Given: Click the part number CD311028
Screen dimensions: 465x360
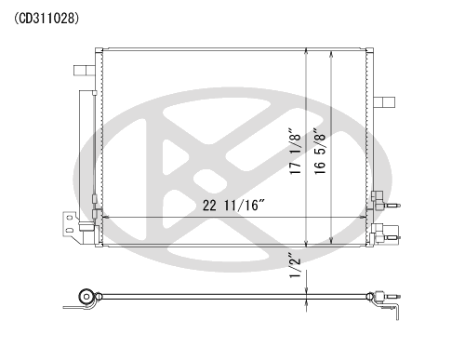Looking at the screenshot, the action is [x=46, y=19].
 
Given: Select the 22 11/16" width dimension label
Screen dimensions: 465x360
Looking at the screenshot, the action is [x=234, y=206].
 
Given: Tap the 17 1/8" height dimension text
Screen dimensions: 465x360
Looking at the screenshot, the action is [x=296, y=151].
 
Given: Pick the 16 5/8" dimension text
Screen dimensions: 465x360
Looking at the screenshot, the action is [x=320, y=151].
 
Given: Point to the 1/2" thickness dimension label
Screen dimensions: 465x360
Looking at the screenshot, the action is [x=295, y=265].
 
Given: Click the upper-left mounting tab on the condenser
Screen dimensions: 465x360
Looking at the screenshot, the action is [x=84, y=71].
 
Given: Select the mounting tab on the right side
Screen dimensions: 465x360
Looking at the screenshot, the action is [x=384, y=102].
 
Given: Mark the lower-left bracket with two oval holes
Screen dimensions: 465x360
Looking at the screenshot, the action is [x=70, y=224].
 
